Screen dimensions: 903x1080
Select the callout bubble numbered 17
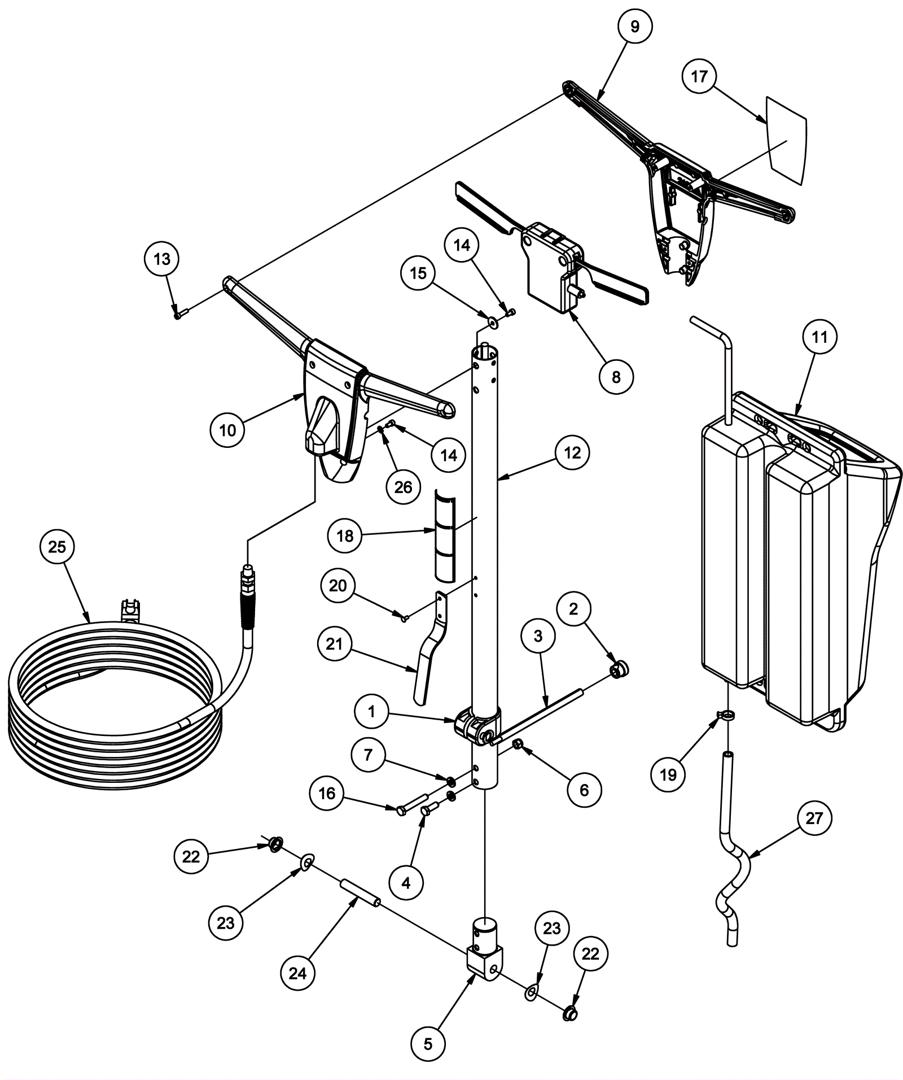[x=699, y=76]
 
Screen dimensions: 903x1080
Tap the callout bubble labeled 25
[x=58, y=547]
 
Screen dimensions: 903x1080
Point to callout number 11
[x=819, y=337]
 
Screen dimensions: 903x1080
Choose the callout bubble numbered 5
[x=428, y=1044]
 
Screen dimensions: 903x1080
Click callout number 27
[x=814, y=818]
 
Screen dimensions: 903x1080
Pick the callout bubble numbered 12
[x=572, y=453]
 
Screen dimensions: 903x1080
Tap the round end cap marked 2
[x=619, y=669]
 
